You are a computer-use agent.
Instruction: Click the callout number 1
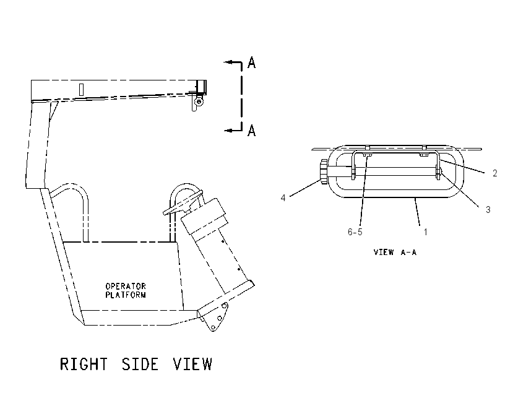click(x=425, y=232)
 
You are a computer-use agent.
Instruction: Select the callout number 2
click(x=495, y=173)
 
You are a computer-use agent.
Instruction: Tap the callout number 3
click(x=488, y=210)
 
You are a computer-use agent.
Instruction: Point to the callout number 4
click(x=283, y=198)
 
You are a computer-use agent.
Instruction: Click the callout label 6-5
click(x=355, y=232)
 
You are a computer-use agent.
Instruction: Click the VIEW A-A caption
click(x=395, y=252)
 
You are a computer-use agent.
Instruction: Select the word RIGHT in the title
click(x=84, y=364)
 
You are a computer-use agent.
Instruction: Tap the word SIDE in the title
click(x=140, y=364)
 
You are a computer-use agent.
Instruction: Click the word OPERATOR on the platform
click(x=126, y=286)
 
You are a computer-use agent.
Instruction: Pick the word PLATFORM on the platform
click(x=126, y=295)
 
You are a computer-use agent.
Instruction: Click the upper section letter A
click(x=252, y=63)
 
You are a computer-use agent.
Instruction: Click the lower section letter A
click(x=252, y=130)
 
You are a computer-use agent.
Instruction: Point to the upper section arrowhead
click(x=228, y=62)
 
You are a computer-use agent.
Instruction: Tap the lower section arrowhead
click(x=228, y=130)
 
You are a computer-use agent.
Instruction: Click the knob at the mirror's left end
click(x=323, y=172)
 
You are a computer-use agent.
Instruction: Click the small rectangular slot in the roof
click(x=81, y=90)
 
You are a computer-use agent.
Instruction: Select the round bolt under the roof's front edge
click(x=199, y=102)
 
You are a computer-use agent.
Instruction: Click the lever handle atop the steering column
click(x=183, y=203)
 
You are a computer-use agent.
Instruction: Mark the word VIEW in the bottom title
click(x=192, y=364)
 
